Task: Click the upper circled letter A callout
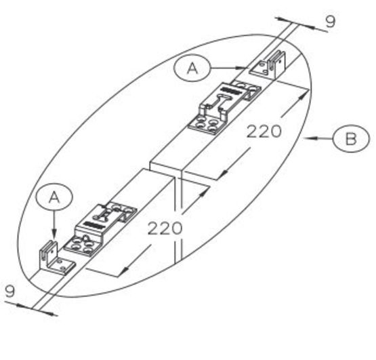tap(192, 68)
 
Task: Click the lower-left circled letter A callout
tap(54, 197)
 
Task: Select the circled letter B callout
tap(351, 138)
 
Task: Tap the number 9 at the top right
tap(330, 22)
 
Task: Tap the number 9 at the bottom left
tap(10, 291)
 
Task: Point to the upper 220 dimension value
tap(264, 132)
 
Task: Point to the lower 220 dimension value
tap(165, 228)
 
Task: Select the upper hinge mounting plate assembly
tap(224, 108)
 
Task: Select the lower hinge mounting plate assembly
tap(100, 229)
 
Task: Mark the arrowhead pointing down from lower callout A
tap(54, 235)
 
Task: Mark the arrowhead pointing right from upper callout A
tap(241, 68)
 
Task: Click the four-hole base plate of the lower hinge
tap(81, 246)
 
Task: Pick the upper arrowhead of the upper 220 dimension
tap(303, 94)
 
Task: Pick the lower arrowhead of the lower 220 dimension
tap(124, 271)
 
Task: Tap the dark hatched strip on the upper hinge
tap(231, 91)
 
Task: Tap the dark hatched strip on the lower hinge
tap(93, 225)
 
